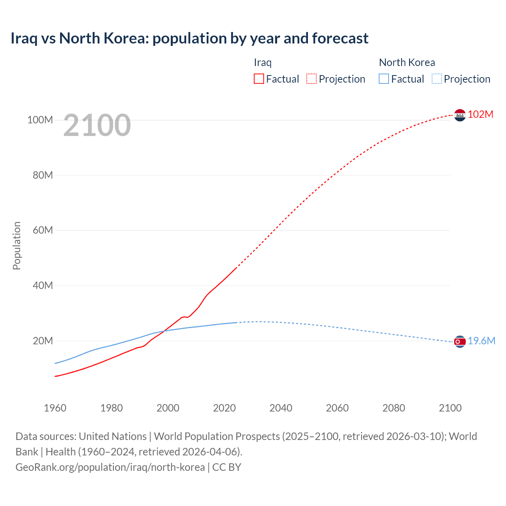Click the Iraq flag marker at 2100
pos(460,115)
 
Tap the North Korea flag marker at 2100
pos(460,342)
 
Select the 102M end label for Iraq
pos(480,114)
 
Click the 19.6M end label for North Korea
pos(481,341)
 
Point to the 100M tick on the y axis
pos(40,120)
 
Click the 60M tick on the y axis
pos(43,230)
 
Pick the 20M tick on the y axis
pos(43,341)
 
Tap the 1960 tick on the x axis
pos(55,408)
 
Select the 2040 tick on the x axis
pos(281,408)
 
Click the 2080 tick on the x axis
pos(394,408)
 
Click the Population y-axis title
pos(17,245)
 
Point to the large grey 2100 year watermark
pos(97,125)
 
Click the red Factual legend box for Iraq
pos(259,79)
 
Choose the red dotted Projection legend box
pos(312,79)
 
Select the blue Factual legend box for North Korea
pos(384,79)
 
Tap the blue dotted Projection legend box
pos(437,79)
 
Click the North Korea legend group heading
pos(407,62)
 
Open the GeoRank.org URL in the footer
pos(110,467)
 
